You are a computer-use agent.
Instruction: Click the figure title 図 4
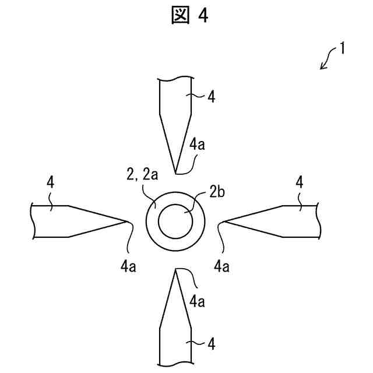(x=190, y=16)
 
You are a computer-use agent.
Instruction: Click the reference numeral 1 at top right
(x=343, y=48)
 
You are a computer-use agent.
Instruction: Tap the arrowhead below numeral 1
(x=321, y=68)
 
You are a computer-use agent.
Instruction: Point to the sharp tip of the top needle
(x=176, y=173)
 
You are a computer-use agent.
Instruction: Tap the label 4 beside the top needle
(x=211, y=97)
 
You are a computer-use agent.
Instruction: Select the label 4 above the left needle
(x=50, y=182)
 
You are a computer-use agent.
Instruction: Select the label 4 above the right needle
(x=299, y=182)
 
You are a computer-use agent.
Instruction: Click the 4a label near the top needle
(x=198, y=145)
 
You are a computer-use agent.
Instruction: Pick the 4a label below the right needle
(x=221, y=267)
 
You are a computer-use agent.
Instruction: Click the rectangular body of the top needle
(x=176, y=96)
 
